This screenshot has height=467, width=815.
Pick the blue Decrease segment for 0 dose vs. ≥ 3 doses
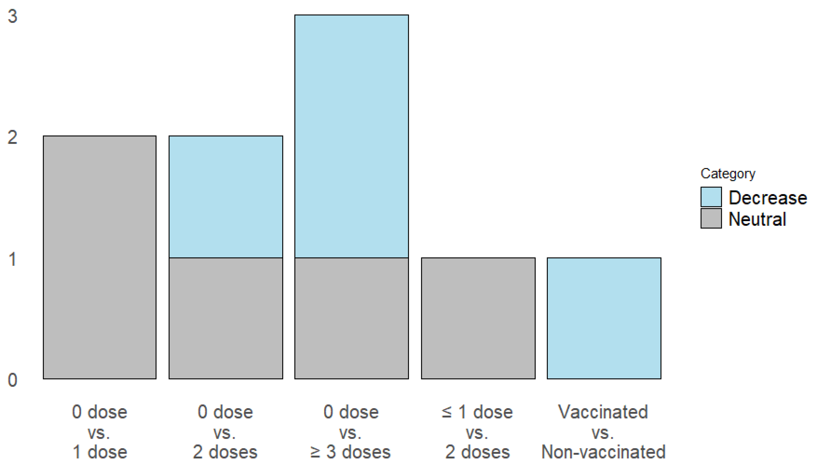351,136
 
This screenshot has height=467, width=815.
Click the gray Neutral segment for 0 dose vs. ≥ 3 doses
351,318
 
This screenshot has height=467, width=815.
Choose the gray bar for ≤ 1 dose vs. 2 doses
478,318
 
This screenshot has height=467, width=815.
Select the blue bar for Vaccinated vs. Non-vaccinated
604,318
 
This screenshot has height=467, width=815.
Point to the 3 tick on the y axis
12,16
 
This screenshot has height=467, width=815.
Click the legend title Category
728,173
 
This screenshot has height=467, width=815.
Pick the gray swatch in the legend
711,218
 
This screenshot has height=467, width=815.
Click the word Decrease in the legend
768,198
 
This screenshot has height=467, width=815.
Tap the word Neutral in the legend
757,219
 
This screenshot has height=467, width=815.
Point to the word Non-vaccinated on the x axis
603,452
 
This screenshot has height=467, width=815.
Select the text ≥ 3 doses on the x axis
350,452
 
